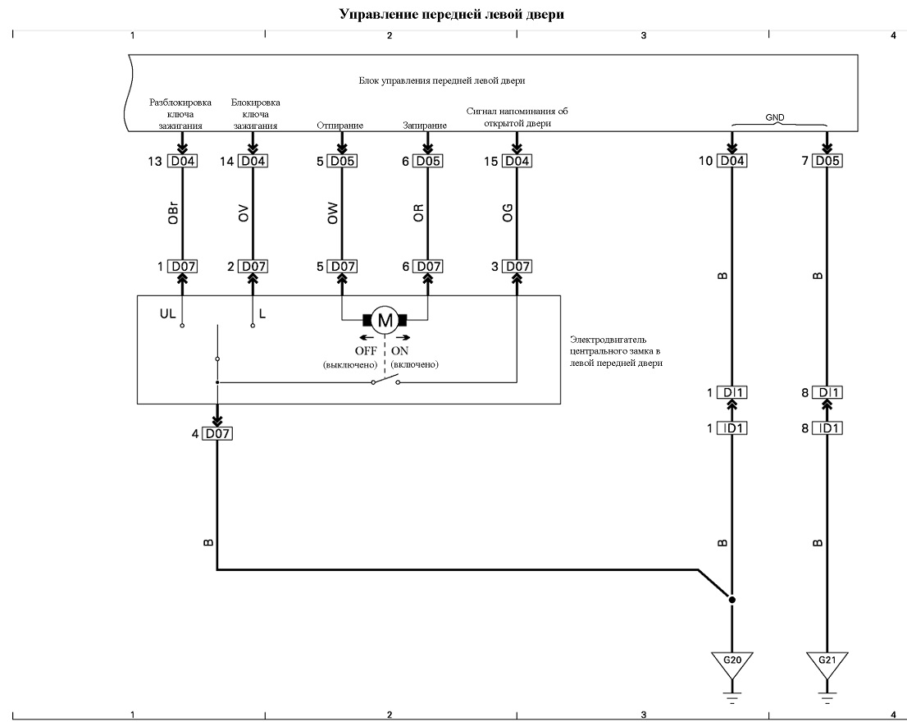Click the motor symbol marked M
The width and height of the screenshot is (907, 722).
[385, 320]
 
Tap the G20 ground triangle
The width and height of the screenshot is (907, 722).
[732, 665]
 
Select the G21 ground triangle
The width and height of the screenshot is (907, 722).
[827, 665]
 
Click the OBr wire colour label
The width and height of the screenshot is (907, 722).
[172, 212]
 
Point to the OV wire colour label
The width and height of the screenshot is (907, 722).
[244, 213]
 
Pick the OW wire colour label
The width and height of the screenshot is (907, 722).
[333, 213]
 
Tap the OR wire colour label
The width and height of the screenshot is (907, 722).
[419, 213]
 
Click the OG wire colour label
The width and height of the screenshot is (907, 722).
[508, 213]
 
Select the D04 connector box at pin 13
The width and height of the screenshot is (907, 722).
[181, 161]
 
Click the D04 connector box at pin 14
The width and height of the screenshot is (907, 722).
[253, 161]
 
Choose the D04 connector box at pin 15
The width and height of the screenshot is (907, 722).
[517, 161]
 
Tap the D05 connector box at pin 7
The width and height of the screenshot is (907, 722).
[827, 160]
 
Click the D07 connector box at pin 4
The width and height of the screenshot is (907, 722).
[217, 433]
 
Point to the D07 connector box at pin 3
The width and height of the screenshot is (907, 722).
[517, 266]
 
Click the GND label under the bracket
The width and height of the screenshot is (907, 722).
[774, 117]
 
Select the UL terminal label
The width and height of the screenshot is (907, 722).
[167, 313]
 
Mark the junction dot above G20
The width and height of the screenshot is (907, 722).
[732, 600]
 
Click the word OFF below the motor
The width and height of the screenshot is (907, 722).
[366, 350]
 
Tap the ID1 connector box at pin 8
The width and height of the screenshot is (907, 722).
[827, 428]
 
